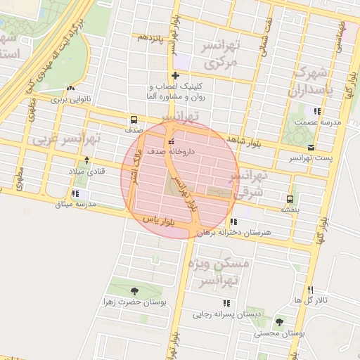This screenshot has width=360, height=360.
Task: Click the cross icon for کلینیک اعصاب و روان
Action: point(174,76)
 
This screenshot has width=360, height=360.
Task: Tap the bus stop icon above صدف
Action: point(134,120)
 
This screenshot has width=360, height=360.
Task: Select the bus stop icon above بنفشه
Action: point(290,198)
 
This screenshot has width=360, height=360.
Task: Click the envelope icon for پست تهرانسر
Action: point(311,148)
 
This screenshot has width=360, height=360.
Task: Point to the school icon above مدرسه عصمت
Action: point(317,111)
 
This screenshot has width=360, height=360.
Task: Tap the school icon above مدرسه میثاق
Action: point(76,194)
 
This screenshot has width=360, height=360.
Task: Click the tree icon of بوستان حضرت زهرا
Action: point(134,291)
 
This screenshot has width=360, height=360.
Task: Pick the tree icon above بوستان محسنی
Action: point(279,322)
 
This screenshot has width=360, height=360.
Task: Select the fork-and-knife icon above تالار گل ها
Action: point(310,290)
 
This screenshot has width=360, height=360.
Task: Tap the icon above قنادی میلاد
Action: point(86,161)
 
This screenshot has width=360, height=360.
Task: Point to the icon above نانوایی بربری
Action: point(70,89)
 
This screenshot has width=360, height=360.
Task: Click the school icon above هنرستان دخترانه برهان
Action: point(234,221)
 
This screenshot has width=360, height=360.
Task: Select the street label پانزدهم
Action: point(151,37)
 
